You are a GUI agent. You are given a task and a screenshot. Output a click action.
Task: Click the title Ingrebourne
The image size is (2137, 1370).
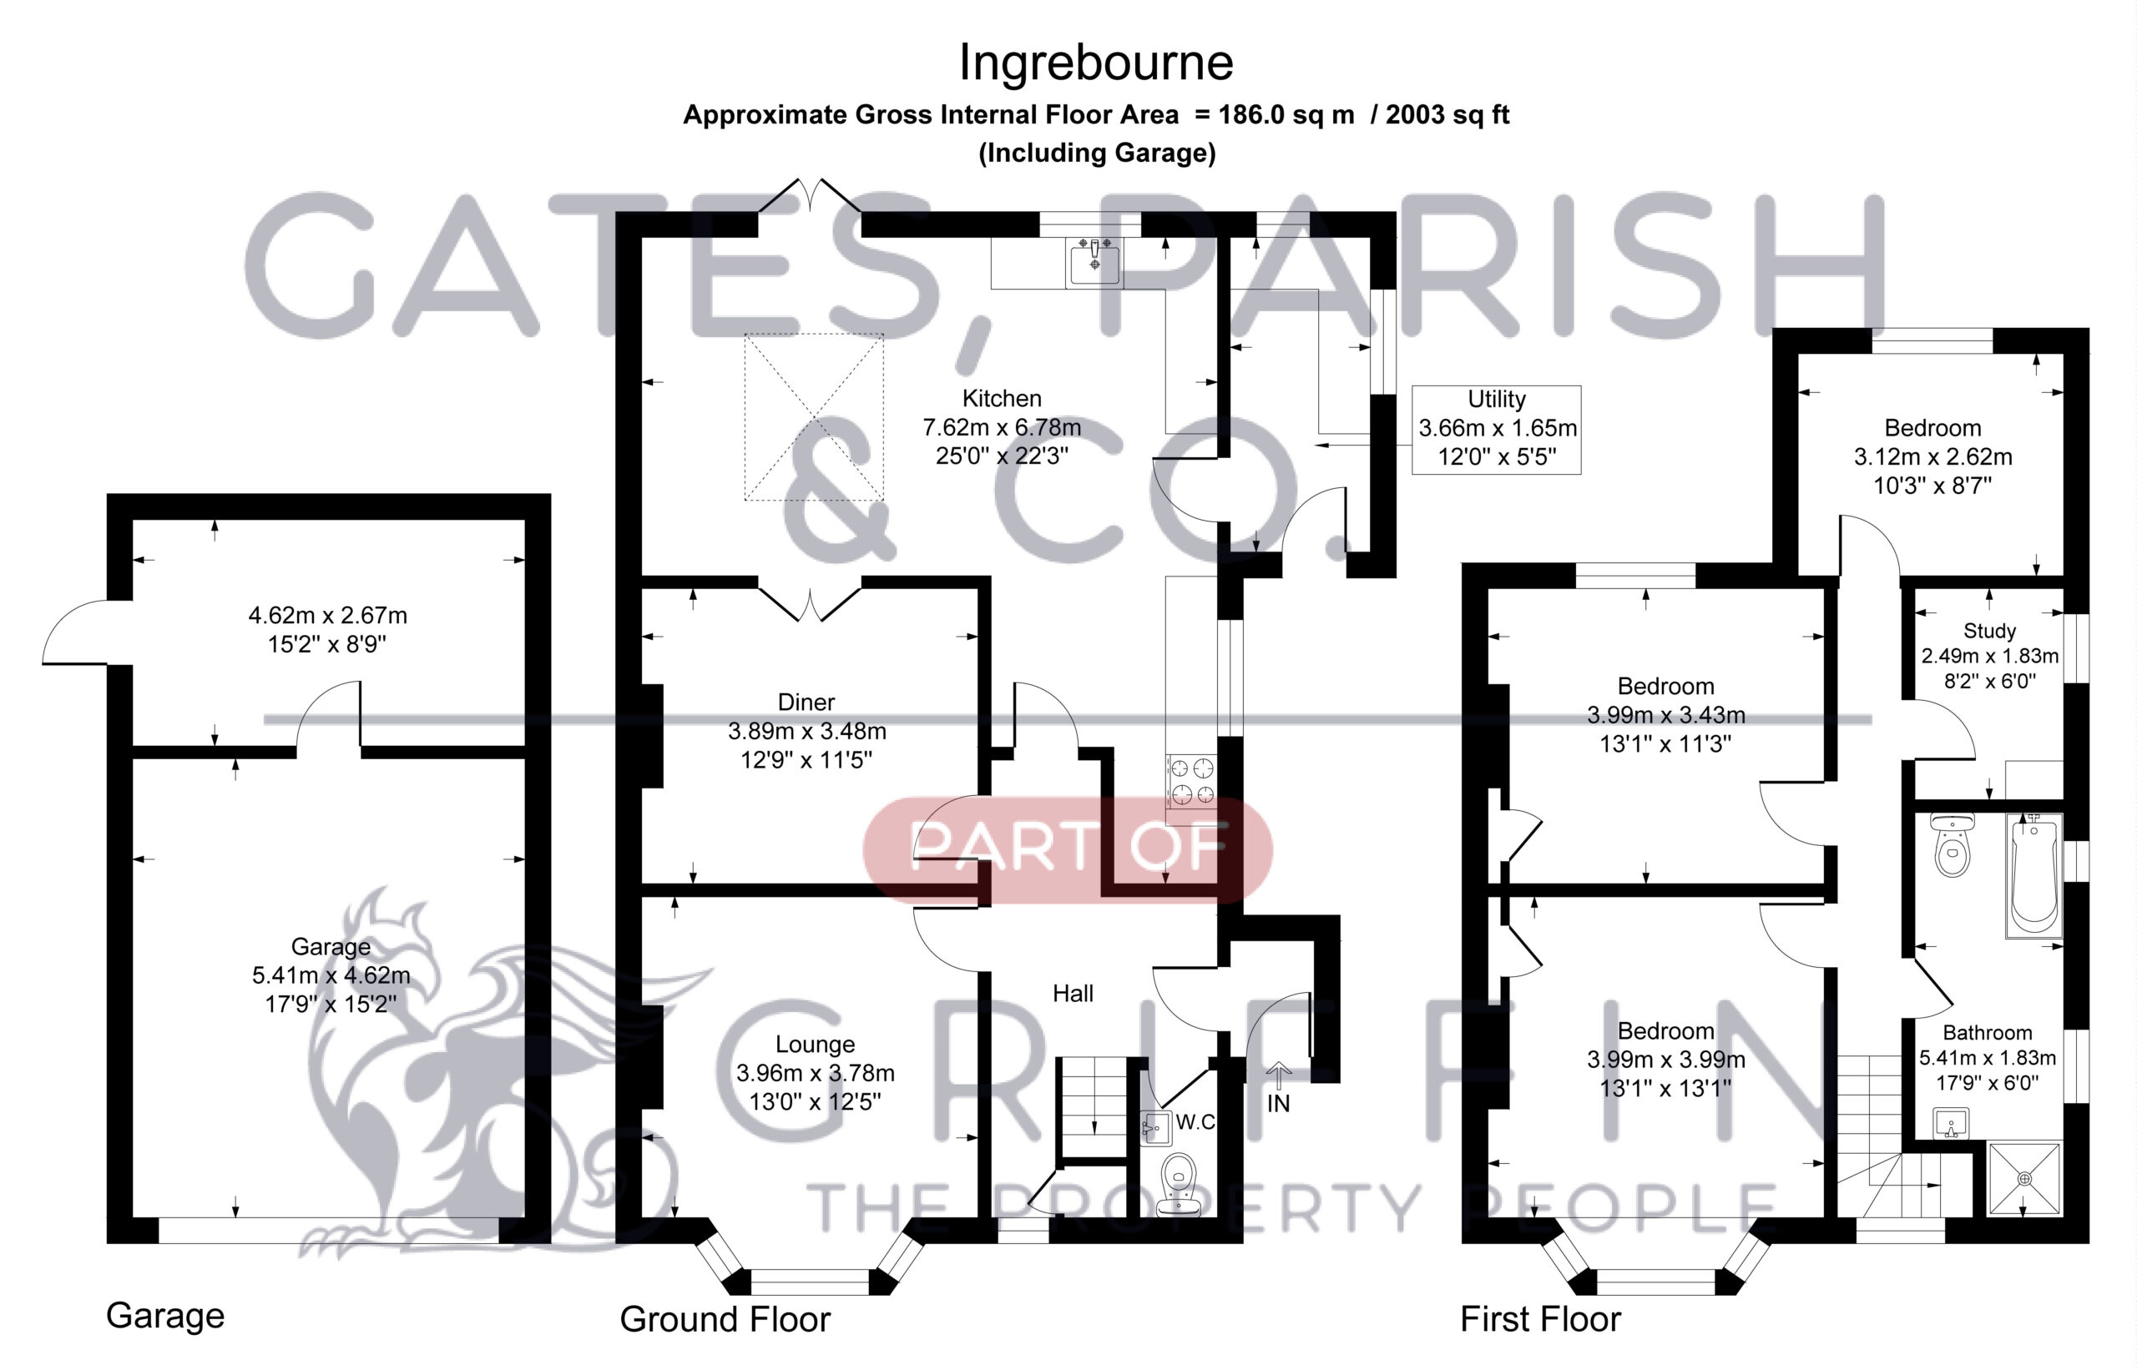click(1096, 63)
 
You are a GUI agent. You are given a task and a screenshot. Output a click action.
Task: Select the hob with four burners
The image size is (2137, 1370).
click(1192, 781)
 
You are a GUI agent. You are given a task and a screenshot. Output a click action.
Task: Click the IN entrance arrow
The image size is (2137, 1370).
click(1279, 1075)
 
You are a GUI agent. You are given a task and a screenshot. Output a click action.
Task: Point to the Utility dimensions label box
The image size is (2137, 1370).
click(1496, 429)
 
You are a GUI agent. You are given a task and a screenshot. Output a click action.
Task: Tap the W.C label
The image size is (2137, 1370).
click(1195, 1122)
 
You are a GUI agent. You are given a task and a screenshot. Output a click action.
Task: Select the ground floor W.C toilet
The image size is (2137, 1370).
click(1180, 1184)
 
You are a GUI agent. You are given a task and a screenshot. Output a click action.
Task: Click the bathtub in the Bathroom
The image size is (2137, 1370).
click(2034, 875)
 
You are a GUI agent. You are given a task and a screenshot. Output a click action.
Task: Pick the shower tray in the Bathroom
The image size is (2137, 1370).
click(2025, 1179)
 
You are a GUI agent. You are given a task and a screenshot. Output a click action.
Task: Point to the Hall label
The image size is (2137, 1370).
click(1073, 994)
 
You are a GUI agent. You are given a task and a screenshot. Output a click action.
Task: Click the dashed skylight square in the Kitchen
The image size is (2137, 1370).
click(814, 417)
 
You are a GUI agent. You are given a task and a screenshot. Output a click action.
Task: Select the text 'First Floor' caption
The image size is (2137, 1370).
click(1541, 1318)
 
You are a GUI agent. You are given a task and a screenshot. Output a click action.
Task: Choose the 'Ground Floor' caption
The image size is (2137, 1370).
click(725, 1318)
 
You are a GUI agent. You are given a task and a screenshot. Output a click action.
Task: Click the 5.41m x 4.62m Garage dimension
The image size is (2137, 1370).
click(331, 975)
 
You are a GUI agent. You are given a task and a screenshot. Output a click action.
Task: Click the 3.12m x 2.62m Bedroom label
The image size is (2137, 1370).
click(1932, 456)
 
